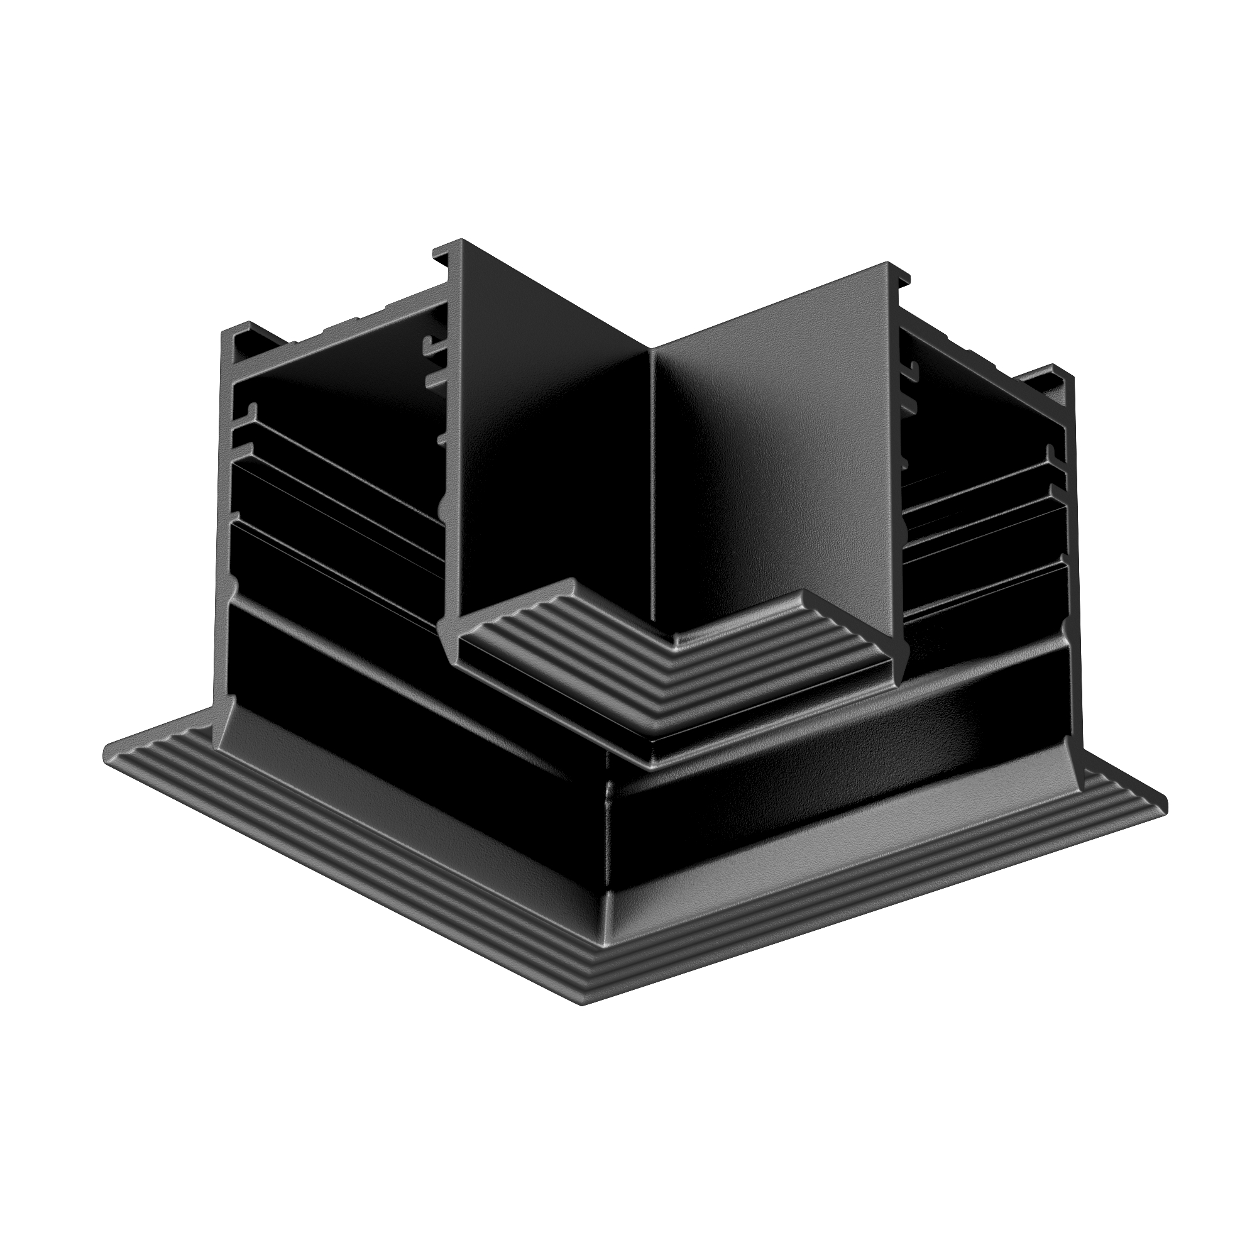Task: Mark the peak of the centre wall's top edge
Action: pos(650,349)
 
